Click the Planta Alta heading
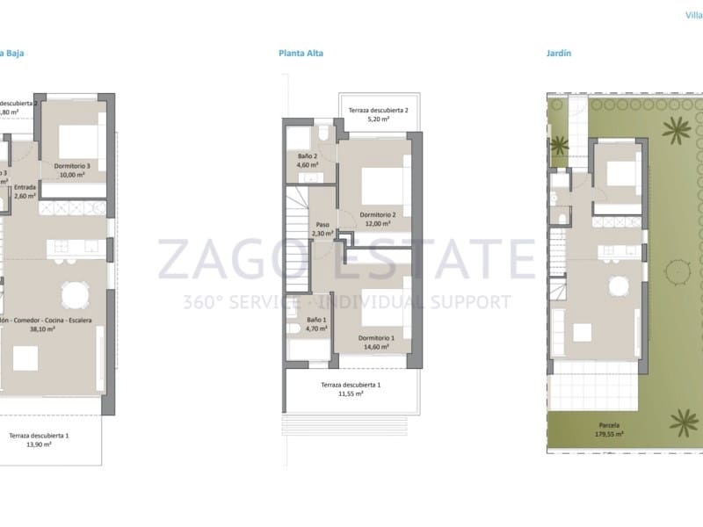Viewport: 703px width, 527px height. (x=301, y=54)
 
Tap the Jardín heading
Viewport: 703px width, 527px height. (x=559, y=54)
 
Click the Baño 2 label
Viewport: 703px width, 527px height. (x=307, y=160)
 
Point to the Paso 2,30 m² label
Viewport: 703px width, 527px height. (x=323, y=228)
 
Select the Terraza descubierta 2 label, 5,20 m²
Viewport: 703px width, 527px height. (x=378, y=115)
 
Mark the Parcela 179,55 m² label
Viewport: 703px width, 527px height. (x=607, y=430)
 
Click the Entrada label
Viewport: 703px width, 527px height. (x=25, y=187)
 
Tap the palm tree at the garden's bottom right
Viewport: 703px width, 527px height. (x=681, y=421)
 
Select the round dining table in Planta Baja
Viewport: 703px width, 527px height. (x=74, y=292)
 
